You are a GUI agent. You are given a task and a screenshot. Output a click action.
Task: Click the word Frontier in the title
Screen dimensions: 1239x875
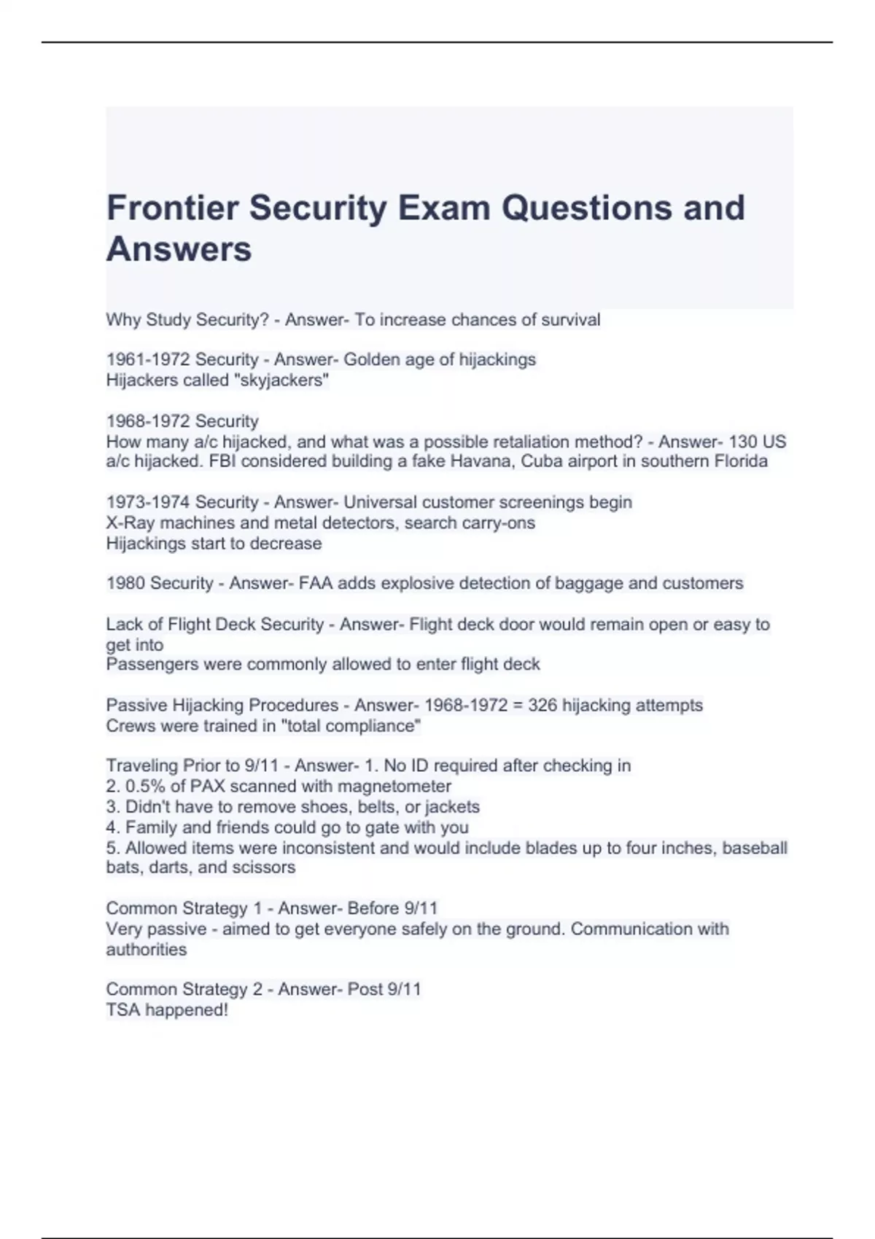[172, 208]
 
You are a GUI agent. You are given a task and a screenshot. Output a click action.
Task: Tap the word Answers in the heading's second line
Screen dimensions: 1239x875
[179, 249]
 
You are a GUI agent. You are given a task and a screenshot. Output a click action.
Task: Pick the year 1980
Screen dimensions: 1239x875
[125, 583]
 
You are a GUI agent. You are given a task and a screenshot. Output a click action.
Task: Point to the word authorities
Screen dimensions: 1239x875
[147, 950]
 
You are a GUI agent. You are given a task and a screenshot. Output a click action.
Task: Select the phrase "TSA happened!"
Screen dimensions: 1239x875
[167, 1010]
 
